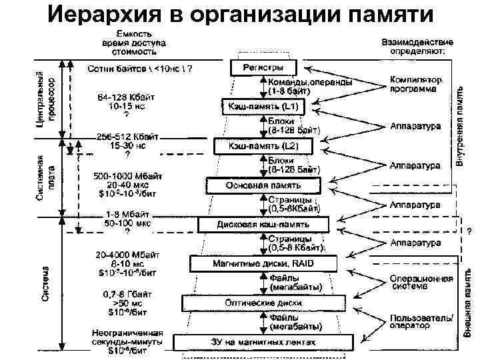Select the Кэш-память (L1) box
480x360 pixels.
pyautogui.click(x=263, y=107)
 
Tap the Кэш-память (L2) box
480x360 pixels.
pyautogui.click(x=263, y=145)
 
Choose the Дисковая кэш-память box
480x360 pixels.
pyautogui.click(x=264, y=225)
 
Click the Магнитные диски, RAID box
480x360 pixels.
pyautogui.click(x=263, y=263)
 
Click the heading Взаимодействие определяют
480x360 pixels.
pyautogui.click(x=418, y=45)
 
